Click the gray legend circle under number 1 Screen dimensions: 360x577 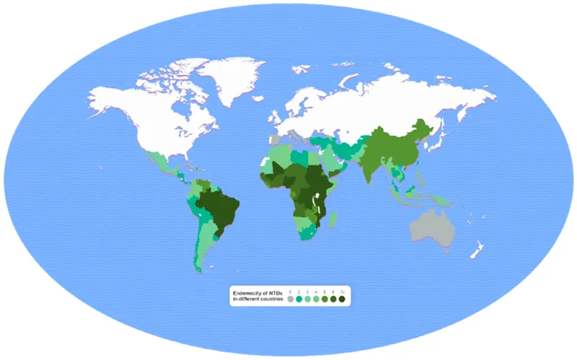click(x=290, y=299)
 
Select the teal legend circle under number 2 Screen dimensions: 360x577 click(x=299, y=299)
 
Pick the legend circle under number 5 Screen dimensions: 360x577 click(x=325, y=299)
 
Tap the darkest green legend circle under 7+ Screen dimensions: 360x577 click(x=342, y=299)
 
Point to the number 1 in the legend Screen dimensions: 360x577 click(x=290, y=292)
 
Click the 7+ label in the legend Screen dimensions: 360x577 click(x=342, y=292)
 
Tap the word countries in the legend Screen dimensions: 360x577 click(x=271, y=299)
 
